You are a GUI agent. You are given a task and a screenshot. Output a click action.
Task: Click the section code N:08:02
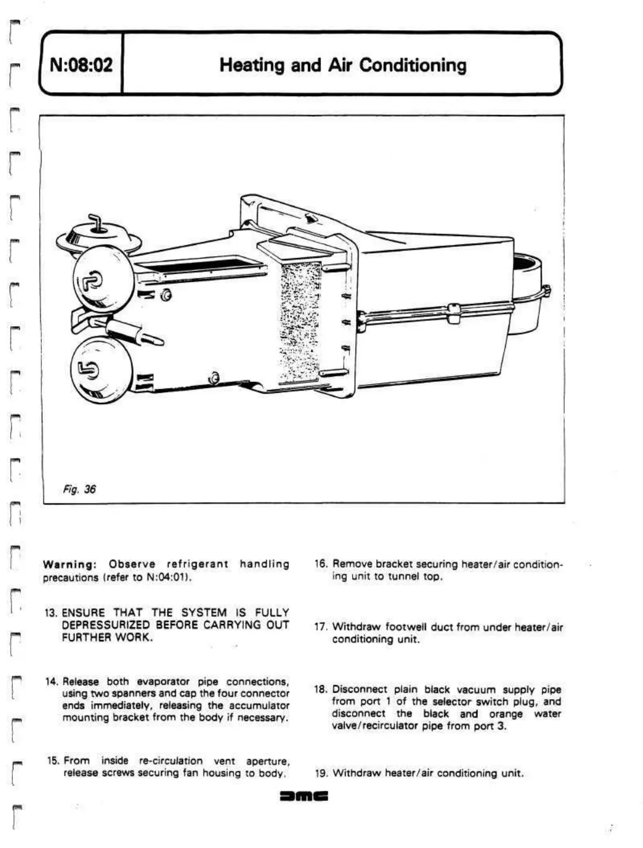tap(81, 65)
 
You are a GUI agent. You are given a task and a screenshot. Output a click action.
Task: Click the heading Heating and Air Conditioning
tap(343, 65)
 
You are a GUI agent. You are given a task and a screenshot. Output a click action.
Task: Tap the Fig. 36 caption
tap(78, 489)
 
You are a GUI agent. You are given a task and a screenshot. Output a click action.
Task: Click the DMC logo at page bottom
tap(304, 797)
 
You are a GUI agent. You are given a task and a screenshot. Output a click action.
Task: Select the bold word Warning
tap(68, 564)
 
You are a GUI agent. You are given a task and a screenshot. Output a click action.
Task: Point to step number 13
tap(51, 612)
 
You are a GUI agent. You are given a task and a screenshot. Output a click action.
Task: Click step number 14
tap(52, 682)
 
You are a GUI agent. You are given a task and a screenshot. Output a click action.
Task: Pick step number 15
tap(53, 761)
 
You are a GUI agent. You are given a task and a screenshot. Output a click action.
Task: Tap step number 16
tap(321, 564)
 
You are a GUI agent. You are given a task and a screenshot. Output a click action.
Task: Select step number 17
tap(321, 627)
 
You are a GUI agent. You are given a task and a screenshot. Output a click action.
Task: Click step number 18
tap(321, 689)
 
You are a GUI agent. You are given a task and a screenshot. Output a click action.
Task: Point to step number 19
tap(321, 773)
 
